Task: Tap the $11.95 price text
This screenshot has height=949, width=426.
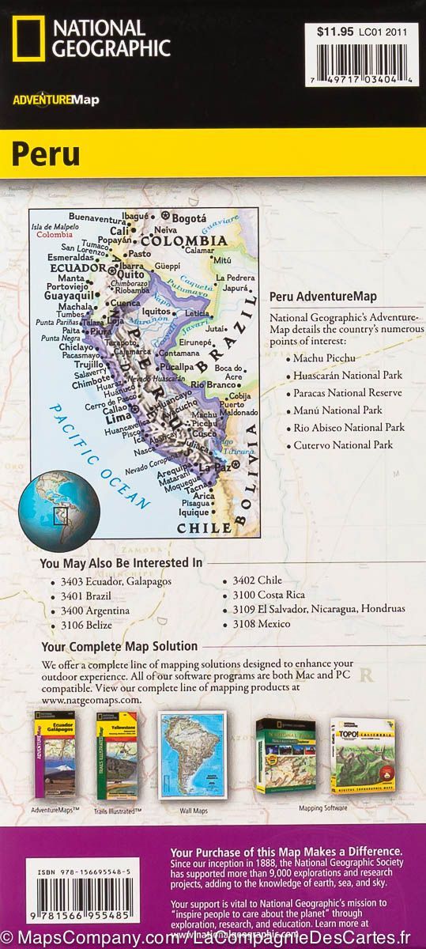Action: [333, 32]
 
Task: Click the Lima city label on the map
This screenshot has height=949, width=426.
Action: [116, 417]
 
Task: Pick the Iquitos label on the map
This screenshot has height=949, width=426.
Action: [156, 312]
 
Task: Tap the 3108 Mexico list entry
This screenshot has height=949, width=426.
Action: [261, 624]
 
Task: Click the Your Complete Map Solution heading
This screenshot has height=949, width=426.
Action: [119, 647]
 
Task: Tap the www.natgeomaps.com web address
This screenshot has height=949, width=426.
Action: [92, 700]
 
